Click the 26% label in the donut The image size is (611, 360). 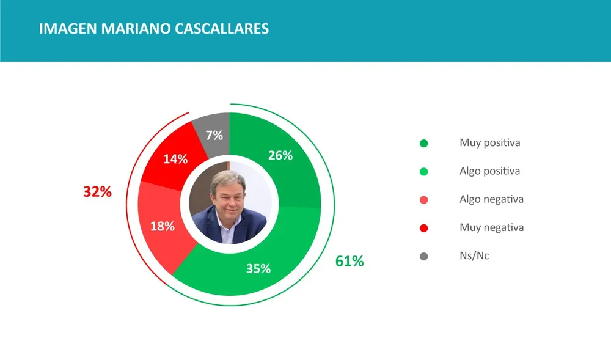(280, 155)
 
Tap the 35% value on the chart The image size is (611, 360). (258, 268)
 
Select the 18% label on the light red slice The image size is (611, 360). (163, 226)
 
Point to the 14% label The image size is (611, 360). (175, 160)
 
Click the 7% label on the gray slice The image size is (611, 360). (214, 135)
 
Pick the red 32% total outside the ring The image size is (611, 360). (98, 192)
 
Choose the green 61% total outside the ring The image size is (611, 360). (349, 262)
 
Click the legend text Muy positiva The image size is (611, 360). (489, 143)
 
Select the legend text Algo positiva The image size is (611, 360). (489, 171)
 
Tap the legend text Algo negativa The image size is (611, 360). (491, 199)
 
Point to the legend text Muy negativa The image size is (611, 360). (491, 227)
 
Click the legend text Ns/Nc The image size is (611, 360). (474, 255)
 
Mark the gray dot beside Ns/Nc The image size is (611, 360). (424, 257)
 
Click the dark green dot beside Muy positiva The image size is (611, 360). (424, 144)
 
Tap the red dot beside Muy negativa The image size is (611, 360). (424, 228)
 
